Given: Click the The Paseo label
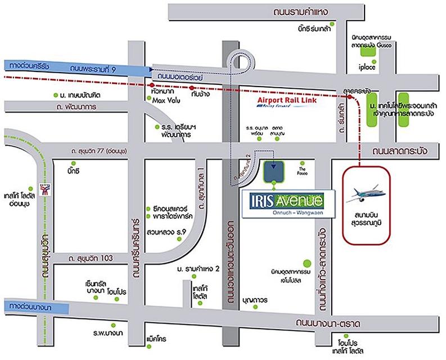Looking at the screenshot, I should point(302,169).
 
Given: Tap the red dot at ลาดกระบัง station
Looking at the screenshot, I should point(350,99).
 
